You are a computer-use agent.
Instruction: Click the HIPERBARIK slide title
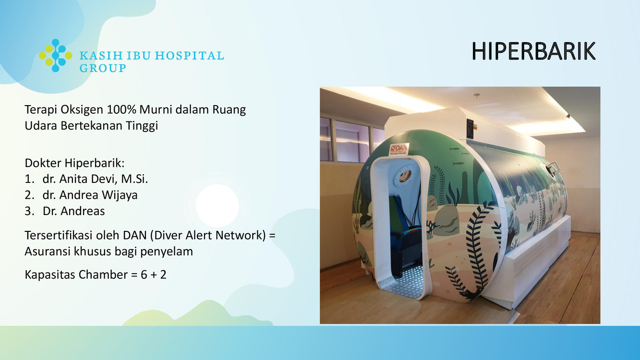533,51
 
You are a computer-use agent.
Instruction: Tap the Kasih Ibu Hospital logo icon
56,56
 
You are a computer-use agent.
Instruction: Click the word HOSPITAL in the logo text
190,56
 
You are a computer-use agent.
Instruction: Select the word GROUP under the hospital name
103,68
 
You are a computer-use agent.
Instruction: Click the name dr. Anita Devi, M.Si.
95,179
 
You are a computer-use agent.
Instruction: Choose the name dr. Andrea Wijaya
90,195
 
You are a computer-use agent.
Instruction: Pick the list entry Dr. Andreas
74,211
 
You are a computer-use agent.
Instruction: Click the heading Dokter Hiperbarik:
74,163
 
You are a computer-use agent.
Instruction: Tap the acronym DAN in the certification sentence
135,235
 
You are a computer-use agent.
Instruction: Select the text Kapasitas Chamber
76,275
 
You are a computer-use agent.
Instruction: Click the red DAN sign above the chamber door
399,149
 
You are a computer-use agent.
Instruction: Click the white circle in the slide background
217,205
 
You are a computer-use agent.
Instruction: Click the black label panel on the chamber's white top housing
470,129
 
